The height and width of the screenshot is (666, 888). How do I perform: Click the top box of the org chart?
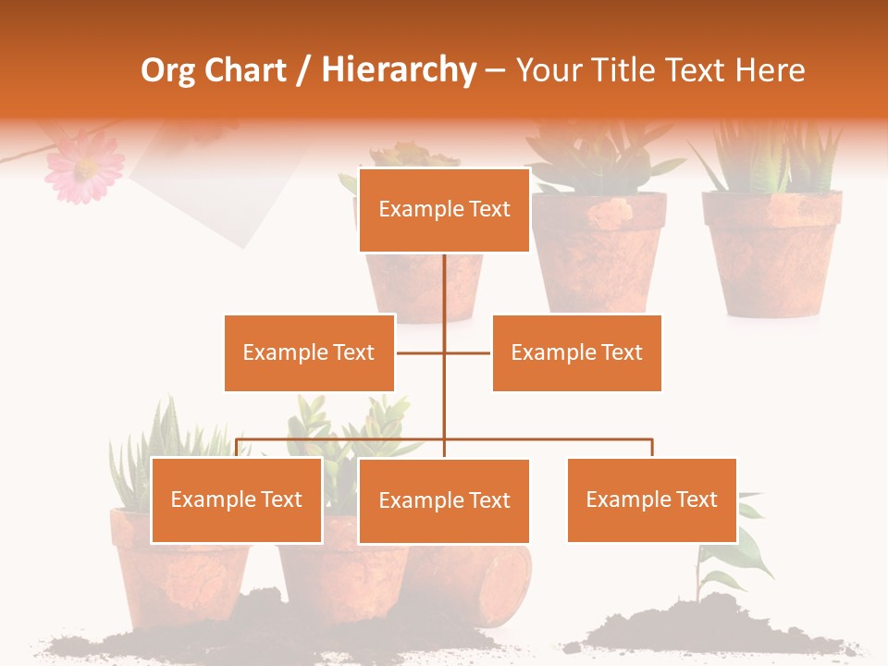tap(444, 210)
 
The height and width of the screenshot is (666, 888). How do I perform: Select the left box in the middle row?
tap(309, 352)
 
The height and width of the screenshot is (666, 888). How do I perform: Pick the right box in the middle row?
tap(576, 352)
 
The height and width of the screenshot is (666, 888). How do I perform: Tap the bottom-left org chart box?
tap(237, 499)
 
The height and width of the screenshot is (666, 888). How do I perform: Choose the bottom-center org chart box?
tap(444, 500)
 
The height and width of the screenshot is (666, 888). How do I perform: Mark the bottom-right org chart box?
tap(651, 499)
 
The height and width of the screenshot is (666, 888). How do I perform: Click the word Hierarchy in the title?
tap(399, 70)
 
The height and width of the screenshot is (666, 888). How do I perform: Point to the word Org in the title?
tap(169, 70)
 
